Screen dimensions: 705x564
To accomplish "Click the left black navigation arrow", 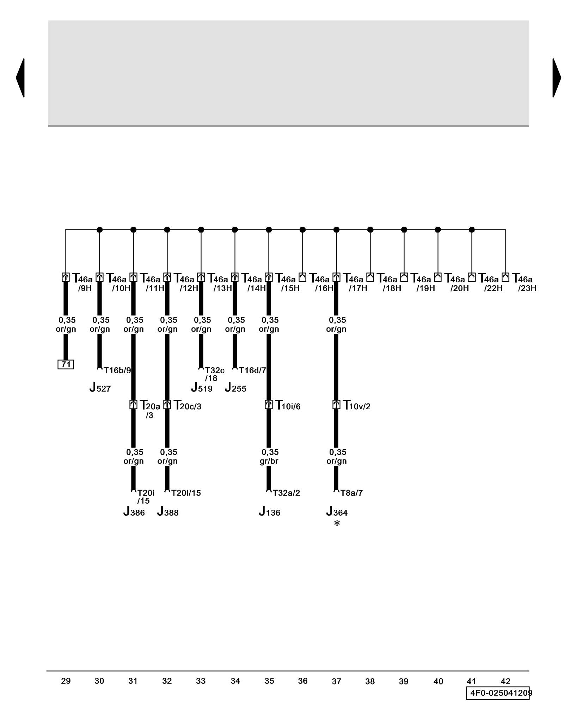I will click(20, 78).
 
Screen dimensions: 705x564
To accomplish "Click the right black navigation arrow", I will click(556, 78).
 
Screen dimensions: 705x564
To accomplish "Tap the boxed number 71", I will click(66, 364).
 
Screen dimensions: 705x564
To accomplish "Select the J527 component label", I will click(100, 388).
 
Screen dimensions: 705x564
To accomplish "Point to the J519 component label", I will click(202, 388).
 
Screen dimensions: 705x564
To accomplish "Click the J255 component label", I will click(235, 388).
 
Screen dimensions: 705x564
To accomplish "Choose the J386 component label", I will click(134, 511).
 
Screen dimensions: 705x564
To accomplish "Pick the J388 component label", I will click(168, 511).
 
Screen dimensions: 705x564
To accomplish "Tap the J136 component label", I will click(269, 511).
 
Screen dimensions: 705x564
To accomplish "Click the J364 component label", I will click(337, 511).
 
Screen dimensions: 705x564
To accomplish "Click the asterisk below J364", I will click(337, 524).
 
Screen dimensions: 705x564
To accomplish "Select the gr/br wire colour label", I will click(269, 461).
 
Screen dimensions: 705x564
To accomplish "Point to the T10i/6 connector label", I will click(288, 406).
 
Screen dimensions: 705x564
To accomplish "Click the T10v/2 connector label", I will click(356, 406).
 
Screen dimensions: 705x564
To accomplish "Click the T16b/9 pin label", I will click(117, 370).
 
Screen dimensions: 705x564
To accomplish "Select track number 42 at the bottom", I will click(505, 681).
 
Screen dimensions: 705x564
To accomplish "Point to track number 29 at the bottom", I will click(66, 681).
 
